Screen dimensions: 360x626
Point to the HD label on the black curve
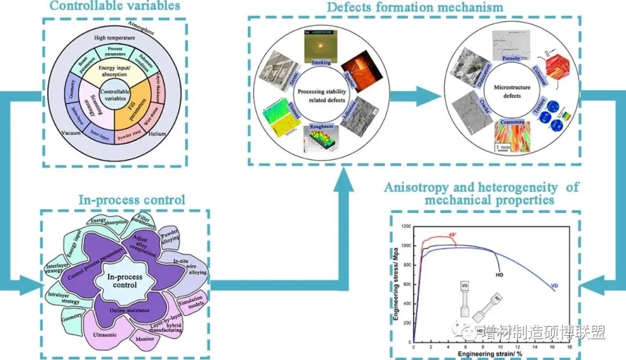[x=499, y=275]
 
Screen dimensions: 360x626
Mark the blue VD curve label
[x=554, y=285]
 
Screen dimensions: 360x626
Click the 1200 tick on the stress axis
[x=404, y=227]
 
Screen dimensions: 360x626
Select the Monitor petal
[x=144, y=340]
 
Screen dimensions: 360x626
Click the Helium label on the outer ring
[x=158, y=134]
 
